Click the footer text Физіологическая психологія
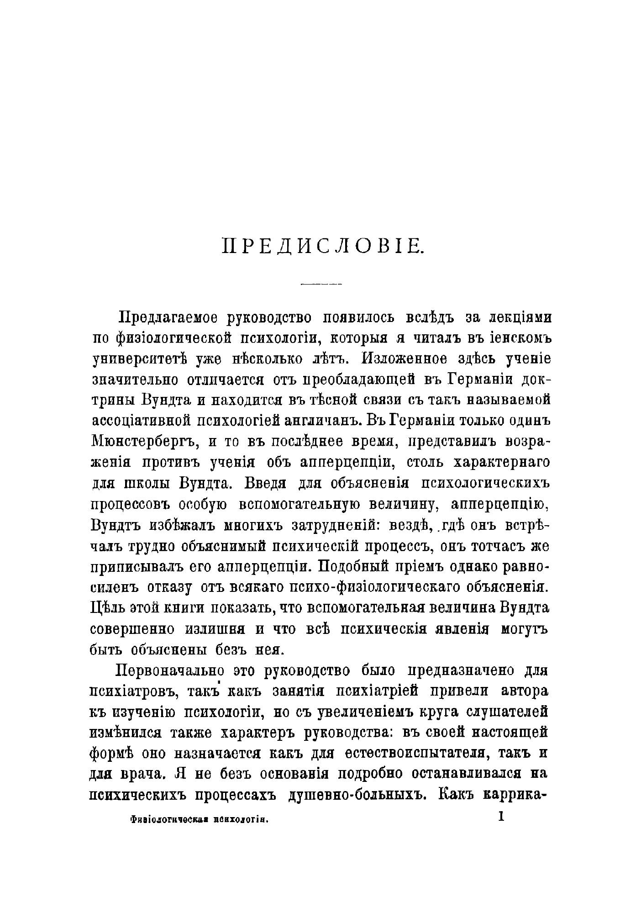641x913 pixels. click(x=198, y=819)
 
